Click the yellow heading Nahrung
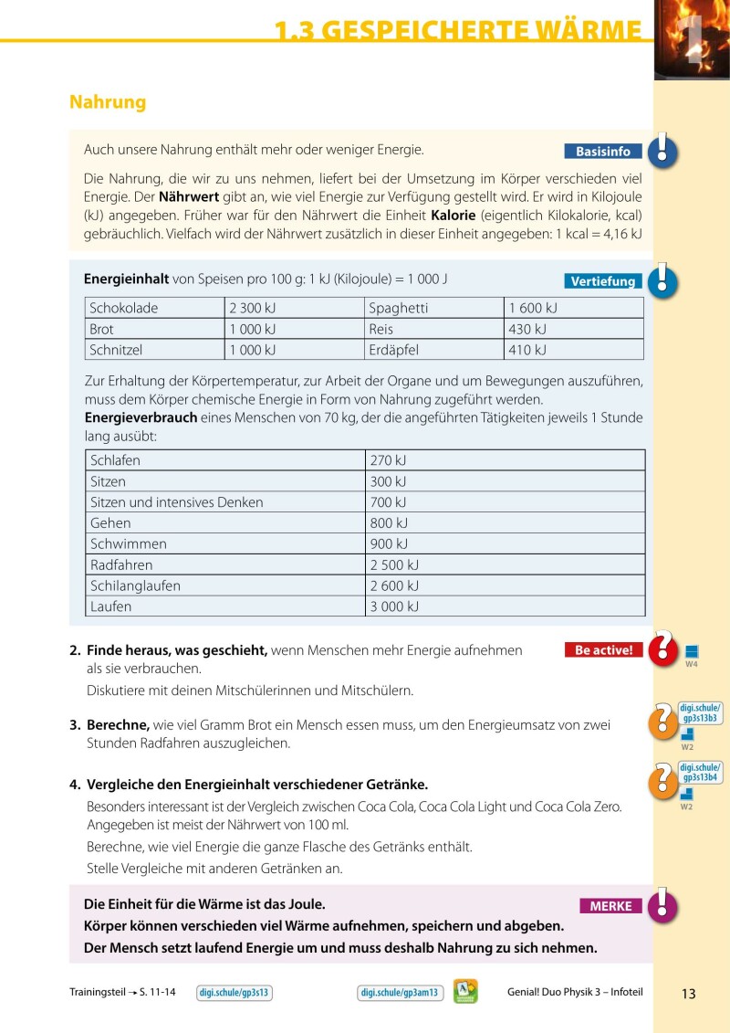coord(108,102)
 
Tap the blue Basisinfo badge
coord(603,152)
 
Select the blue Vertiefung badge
coord(603,281)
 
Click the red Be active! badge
coord(603,650)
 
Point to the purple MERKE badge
coord(610,906)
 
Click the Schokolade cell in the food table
coord(124,309)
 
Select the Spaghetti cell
coord(399,309)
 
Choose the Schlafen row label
coord(116,460)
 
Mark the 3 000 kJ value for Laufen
coord(394,606)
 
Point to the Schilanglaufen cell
coord(136,585)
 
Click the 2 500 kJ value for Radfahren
coord(394,565)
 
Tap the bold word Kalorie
coord(454,216)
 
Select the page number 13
coord(688,994)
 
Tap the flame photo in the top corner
coord(692,38)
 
